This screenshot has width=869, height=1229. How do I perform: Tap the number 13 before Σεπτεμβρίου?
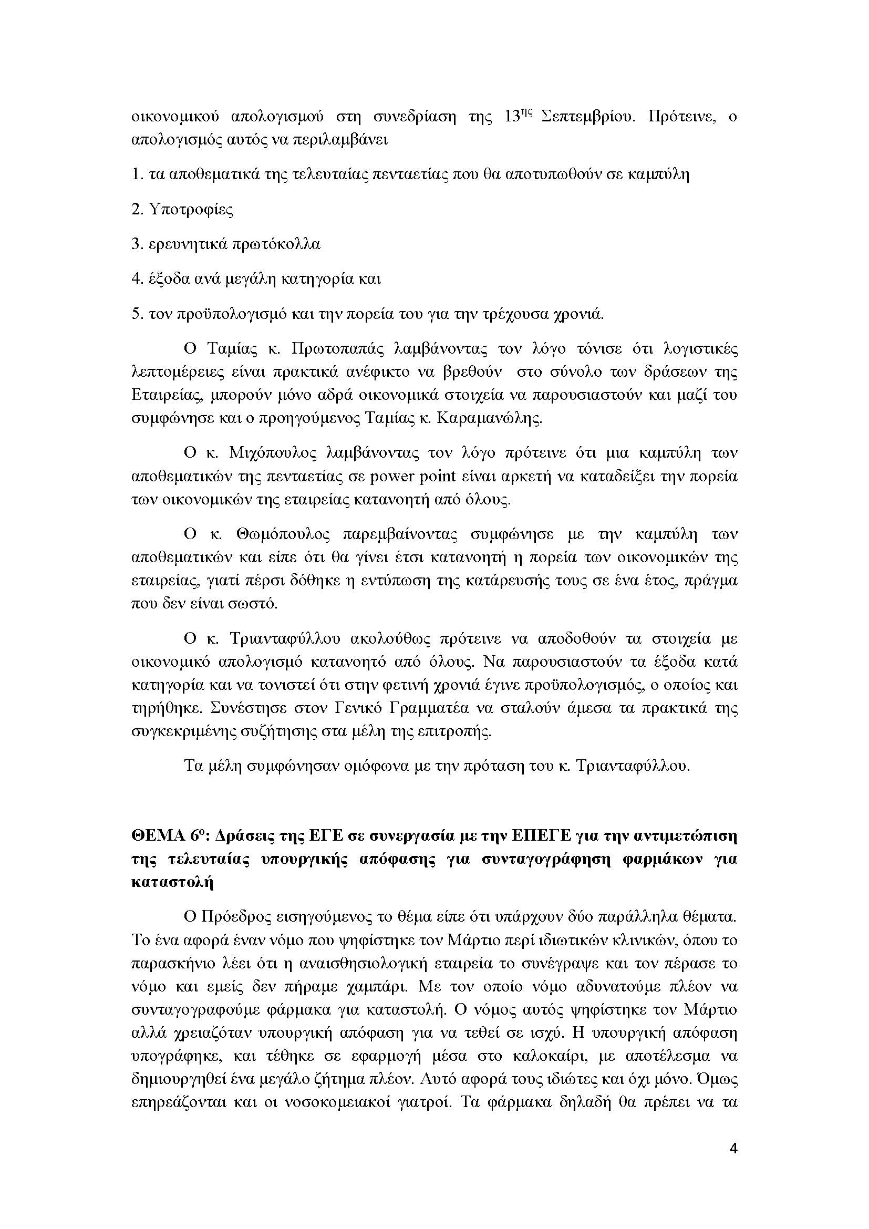tap(513, 117)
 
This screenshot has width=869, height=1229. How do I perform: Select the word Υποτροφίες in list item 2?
tap(191, 209)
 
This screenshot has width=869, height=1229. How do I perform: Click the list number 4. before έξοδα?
tap(137, 279)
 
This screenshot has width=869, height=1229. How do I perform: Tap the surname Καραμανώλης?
tap(489, 418)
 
